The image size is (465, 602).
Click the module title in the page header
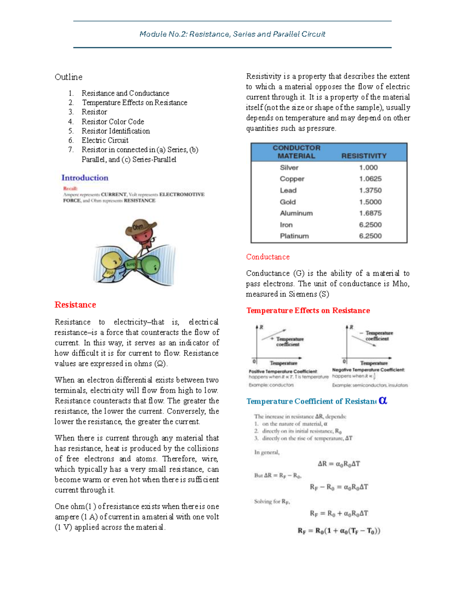(x=232, y=34)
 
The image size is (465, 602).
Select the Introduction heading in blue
(x=85, y=178)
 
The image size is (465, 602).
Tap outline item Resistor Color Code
(x=113, y=122)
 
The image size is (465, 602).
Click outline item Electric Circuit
(x=105, y=140)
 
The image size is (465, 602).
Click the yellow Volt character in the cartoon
(x=111, y=264)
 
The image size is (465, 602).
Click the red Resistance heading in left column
(x=75, y=305)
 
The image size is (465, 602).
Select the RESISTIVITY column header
(x=363, y=156)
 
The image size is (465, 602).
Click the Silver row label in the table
(x=289, y=167)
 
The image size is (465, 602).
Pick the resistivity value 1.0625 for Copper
(x=370, y=179)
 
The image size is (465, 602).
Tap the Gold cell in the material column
(x=288, y=202)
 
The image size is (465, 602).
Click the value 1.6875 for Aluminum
(x=370, y=213)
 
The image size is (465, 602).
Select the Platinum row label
(x=294, y=236)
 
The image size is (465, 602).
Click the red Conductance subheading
(x=268, y=257)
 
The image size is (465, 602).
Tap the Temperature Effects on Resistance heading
(x=308, y=310)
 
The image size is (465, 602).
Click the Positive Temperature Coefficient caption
(x=283, y=371)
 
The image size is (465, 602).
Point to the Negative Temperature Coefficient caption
(x=368, y=370)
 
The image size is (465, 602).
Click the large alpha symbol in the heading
(x=383, y=400)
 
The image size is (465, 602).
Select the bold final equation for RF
(x=339, y=531)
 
